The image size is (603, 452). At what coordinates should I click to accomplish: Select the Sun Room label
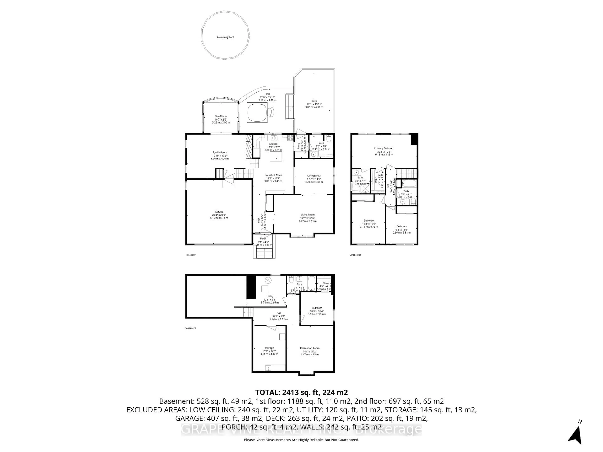tap(221, 116)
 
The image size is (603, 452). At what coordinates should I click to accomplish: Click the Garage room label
tap(219, 212)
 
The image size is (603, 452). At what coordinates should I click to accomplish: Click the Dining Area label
tap(314, 176)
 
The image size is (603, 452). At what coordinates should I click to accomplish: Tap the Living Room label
tap(307, 215)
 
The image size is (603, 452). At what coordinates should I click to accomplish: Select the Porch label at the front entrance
tap(263, 239)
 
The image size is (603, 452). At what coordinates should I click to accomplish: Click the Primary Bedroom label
tap(384, 148)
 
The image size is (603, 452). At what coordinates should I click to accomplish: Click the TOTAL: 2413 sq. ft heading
tap(301, 392)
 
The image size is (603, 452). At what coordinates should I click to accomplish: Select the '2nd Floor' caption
tap(356, 255)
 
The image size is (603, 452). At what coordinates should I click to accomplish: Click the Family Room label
tap(220, 153)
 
